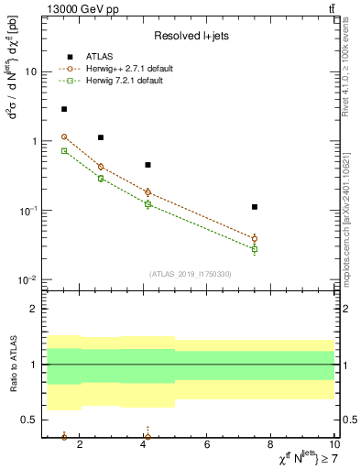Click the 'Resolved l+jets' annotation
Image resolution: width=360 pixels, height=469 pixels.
click(191, 36)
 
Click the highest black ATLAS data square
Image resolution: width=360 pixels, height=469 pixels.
click(64, 109)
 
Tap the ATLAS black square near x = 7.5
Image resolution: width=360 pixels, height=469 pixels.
click(255, 207)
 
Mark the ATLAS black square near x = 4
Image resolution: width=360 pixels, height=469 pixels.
click(147, 165)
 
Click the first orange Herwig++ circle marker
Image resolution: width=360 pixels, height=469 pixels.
click(64, 136)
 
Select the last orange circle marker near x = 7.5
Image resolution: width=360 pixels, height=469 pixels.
click(255, 238)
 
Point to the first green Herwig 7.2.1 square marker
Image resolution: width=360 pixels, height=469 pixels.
click(64, 150)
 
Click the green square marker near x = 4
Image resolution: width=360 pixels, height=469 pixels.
click(147, 203)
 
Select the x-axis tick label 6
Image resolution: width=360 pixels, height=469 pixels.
click(208, 444)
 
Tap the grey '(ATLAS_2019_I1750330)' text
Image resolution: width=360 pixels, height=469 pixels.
click(191, 274)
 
